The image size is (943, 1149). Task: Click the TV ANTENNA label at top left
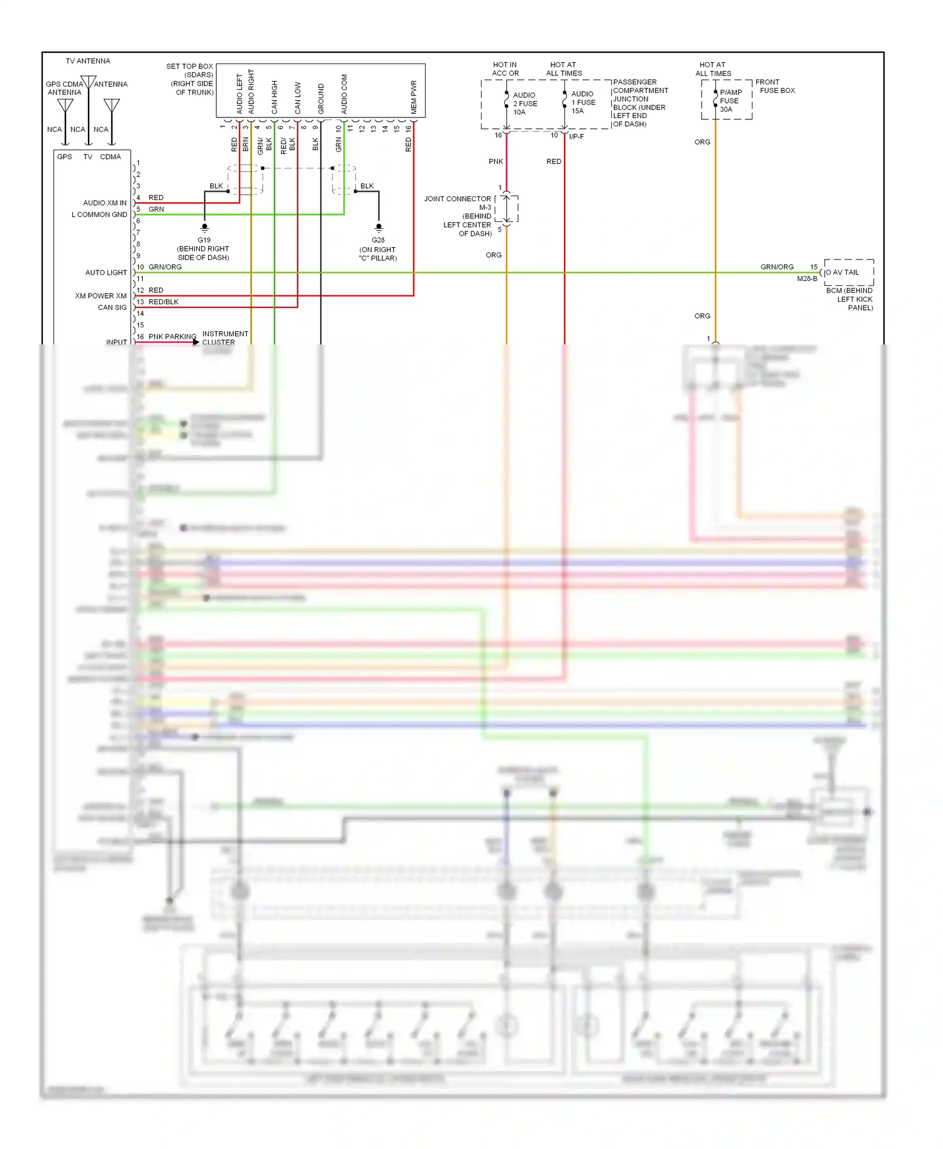(x=87, y=61)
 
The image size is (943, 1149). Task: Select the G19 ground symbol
(x=204, y=228)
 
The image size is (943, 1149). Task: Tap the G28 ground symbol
(x=378, y=228)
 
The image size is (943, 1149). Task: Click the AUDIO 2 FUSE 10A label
(x=524, y=104)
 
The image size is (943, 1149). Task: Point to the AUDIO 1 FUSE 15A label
(x=583, y=102)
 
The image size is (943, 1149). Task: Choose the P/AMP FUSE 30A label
(x=730, y=101)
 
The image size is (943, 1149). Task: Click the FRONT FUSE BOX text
(x=775, y=86)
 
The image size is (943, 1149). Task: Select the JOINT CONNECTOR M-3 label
(x=458, y=202)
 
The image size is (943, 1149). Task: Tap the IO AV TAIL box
(x=848, y=272)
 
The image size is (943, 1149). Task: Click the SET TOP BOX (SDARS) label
(x=189, y=70)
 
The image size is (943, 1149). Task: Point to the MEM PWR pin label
(x=414, y=97)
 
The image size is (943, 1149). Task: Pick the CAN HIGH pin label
(x=274, y=97)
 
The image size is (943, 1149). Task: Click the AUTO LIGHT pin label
(x=106, y=273)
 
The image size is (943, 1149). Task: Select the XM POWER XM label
(x=101, y=296)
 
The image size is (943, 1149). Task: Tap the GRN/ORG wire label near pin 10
(x=165, y=267)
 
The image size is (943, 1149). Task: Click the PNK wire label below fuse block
(x=495, y=162)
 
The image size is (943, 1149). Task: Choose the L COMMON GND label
(x=99, y=215)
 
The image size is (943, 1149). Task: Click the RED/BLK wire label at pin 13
(x=163, y=302)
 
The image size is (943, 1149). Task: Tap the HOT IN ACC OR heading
(x=505, y=69)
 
